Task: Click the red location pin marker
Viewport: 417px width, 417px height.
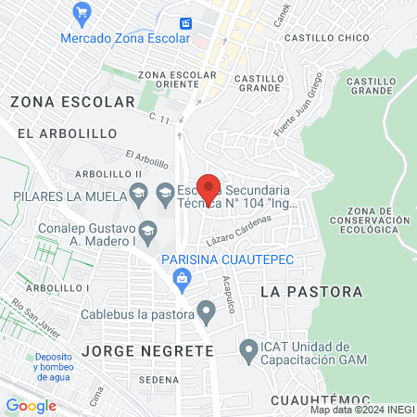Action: [x=209, y=188]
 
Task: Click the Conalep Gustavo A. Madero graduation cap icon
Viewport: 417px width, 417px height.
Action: [x=147, y=229]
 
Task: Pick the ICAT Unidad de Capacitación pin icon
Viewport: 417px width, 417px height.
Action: [x=247, y=350]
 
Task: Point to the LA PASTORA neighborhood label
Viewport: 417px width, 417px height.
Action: [x=311, y=292]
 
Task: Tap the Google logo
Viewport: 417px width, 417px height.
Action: [x=31, y=405]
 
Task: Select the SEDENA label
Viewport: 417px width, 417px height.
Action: [x=158, y=380]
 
